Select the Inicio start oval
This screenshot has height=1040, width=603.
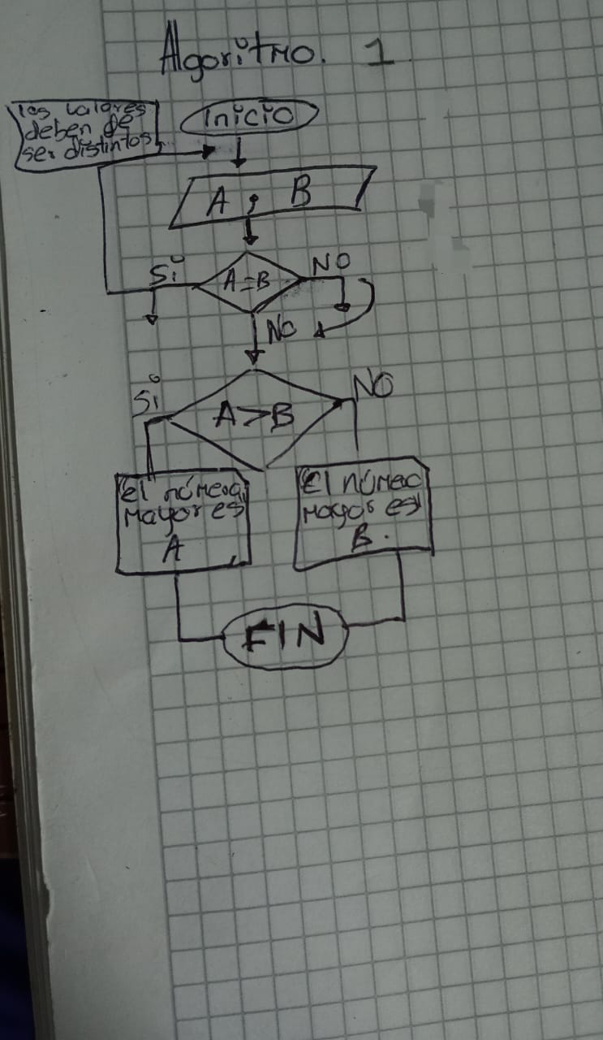[248, 119]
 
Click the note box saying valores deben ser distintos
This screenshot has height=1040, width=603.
[85, 132]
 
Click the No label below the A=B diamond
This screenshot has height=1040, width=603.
[281, 329]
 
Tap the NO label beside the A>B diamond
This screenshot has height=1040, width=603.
[374, 387]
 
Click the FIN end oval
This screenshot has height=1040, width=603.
[286, 635]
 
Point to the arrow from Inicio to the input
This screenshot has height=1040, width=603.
[238, 154]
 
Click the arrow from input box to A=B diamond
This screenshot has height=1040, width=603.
[251, 233]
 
